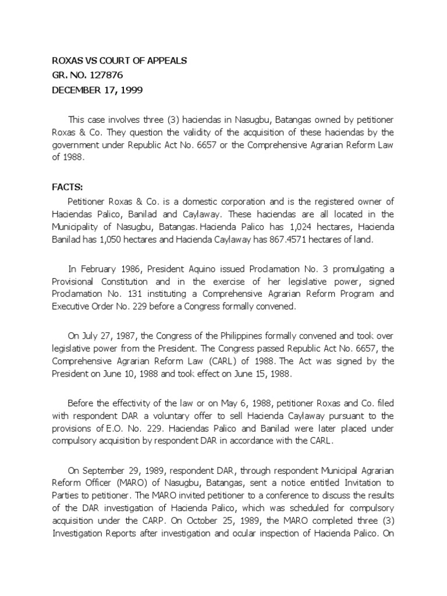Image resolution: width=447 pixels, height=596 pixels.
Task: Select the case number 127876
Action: (102, 76)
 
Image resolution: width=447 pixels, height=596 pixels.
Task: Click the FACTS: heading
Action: (68, 187)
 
